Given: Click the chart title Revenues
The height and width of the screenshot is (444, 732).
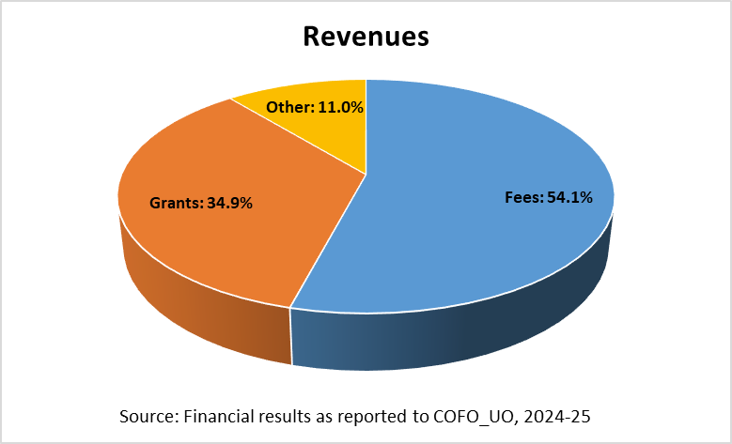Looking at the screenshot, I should click(x=366, y=37).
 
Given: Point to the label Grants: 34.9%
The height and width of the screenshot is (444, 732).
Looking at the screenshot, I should click(x=201, y=202).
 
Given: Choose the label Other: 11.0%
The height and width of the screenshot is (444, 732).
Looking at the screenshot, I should click(x=315, y=107).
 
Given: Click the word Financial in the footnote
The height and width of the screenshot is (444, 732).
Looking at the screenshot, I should click(x=216, y=415).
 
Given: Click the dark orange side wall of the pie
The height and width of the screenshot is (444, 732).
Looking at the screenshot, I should click(x=207, y=310).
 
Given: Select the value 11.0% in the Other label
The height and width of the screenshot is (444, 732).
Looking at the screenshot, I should click(x=340, y=107).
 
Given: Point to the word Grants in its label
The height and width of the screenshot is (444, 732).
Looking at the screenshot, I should click(x=175, y=202).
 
